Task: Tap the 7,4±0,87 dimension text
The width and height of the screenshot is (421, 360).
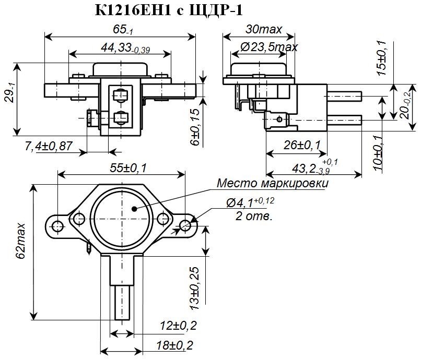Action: (x=48, y=147)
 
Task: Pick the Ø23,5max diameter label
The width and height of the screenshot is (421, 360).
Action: (x=269, y=46)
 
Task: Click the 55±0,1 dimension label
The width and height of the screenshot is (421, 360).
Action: (x=122, y=167)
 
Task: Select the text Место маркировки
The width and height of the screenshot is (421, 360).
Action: (x=273, y=184)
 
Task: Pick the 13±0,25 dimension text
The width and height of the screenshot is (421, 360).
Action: (x=194, y=286)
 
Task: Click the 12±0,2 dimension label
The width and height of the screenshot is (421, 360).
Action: (x=178, y=326)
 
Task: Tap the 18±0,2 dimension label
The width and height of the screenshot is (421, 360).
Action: (x=174, y=345)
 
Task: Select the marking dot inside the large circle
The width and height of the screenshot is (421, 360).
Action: (x=134, y=209)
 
